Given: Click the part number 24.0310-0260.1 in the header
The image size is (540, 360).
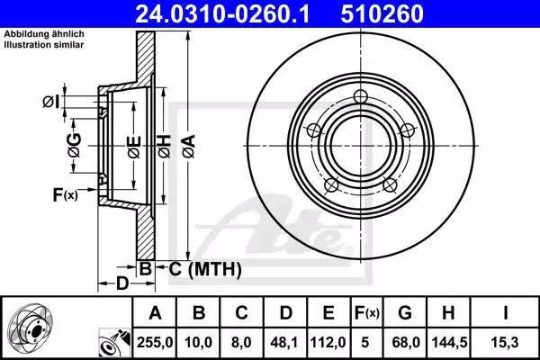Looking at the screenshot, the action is [x=222, y=13].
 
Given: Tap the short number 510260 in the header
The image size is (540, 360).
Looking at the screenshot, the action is [x=382, y=13].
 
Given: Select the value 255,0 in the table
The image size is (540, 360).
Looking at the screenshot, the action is [x=155, y=342].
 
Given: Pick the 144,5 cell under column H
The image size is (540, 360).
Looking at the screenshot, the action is [x=449, y=342].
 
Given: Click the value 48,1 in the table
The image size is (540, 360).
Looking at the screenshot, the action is [x=286, y=342].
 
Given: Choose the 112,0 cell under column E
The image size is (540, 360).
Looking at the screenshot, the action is [x=328, y=342].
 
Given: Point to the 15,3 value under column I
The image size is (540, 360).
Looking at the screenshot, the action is [x=506, y=342].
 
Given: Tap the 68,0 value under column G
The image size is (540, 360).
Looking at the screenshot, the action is [x=406, y=342].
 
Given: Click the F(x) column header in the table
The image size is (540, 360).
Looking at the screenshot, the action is [x=367, y=313].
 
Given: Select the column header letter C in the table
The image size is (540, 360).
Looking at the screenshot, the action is [x=241, y=313].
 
